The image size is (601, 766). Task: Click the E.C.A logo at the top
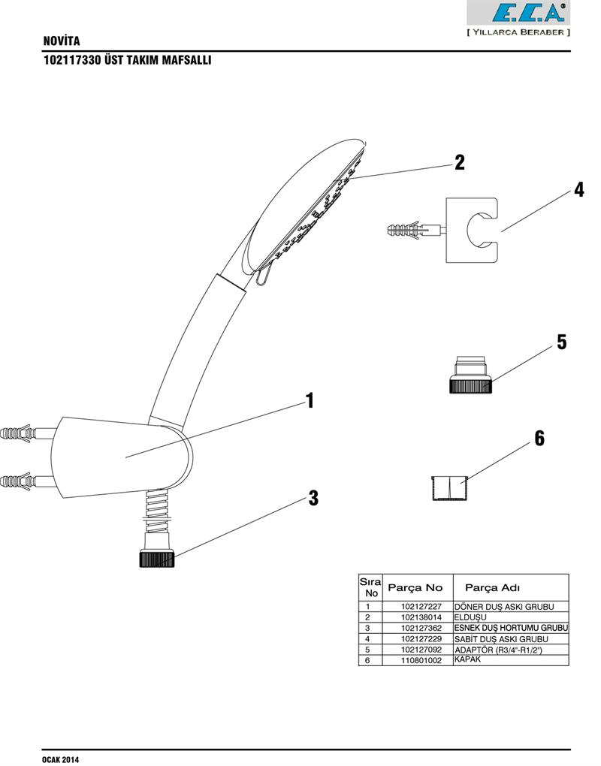tap(518, 13)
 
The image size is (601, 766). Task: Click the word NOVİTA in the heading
tap(62, 41)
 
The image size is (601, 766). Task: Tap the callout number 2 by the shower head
tap(459, 162)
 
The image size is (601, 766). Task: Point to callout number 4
tap(578, 189)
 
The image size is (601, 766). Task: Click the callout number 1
tap(308, 401)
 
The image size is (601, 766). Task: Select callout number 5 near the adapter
tap(561, 342)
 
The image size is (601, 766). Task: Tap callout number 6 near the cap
tap(539, 439)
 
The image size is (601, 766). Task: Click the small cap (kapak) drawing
tap(450, 487)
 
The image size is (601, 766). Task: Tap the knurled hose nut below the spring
tap(158, 559)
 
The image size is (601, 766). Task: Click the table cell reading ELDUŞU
tap(466, 617)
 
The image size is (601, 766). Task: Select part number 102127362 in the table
tap(421, 628)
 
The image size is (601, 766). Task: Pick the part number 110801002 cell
tap(421, 660)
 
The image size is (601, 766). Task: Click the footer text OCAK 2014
tap(60, 759)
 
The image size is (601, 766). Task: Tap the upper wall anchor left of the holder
tap(19, 433)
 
